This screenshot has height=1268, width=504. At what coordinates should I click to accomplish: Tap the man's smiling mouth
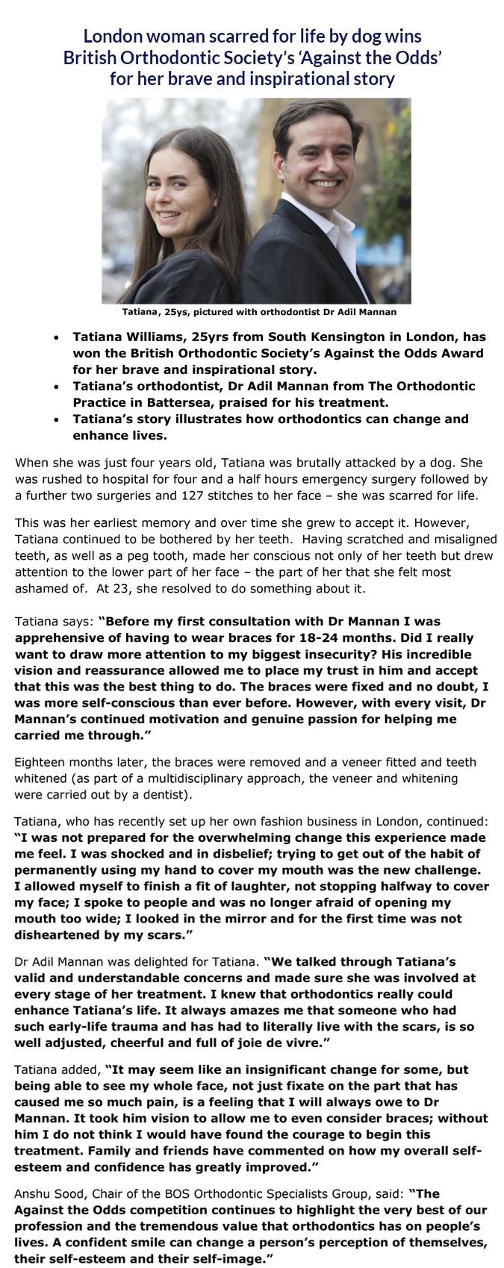[326, 182]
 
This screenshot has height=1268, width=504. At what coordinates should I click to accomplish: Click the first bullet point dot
[57, 337]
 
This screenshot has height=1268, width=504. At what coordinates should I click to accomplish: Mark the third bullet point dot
[57, 419]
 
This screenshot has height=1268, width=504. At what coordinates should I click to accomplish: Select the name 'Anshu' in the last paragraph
[33, 1193]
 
